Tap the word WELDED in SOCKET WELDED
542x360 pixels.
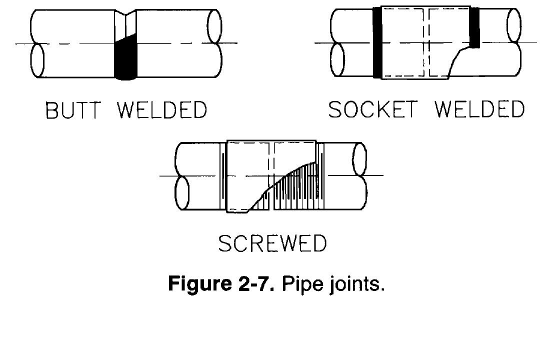(479, 109)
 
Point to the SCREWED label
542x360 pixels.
(272, 243)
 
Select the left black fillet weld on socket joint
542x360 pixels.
(377, 44)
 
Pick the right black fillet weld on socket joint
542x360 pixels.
(475, 29)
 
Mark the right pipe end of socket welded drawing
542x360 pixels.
(513, 42)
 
